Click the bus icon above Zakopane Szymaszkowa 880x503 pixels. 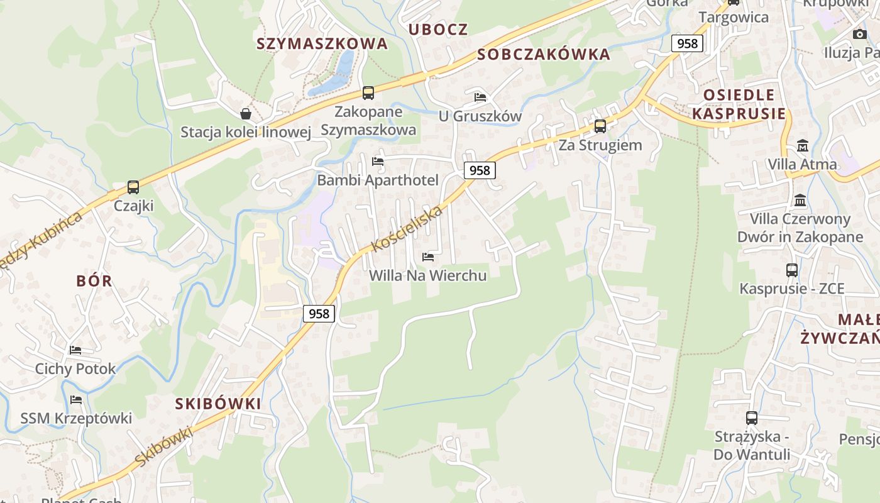tap(368, 93)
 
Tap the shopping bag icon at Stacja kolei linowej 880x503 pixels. tap(246, 114)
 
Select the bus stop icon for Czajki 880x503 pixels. tap(133, 187)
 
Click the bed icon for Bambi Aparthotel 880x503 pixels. tap(378, 162)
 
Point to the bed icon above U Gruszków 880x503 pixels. tap(480, 97)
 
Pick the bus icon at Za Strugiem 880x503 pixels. tap(600, 126)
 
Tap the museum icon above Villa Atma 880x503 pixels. tap(802, 145)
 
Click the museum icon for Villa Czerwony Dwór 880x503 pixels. tap(800, 200)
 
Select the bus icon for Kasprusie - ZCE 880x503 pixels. tap(792, 270)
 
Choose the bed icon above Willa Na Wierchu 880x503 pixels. tap(428, 257)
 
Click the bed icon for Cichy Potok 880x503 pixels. tap(75, 350)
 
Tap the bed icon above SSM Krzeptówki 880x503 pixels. tap(76, 400)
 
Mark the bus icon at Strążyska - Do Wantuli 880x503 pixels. tap(751, 417)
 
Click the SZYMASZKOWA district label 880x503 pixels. tap(322, 43)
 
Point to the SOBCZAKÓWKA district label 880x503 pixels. tap(544, 55)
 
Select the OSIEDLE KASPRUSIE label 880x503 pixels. tap(739, 104)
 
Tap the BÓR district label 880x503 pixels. tap(94, 281)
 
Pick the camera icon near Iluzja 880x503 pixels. tap(859, 34)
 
